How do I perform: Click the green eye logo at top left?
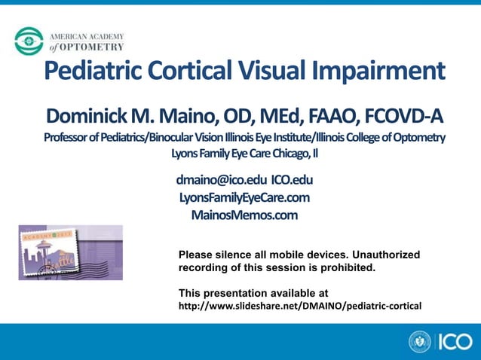coord(29,41)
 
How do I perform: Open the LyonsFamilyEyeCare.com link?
coord(244,197)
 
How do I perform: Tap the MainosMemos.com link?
coord(244,215)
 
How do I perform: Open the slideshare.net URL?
coord(299,306)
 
